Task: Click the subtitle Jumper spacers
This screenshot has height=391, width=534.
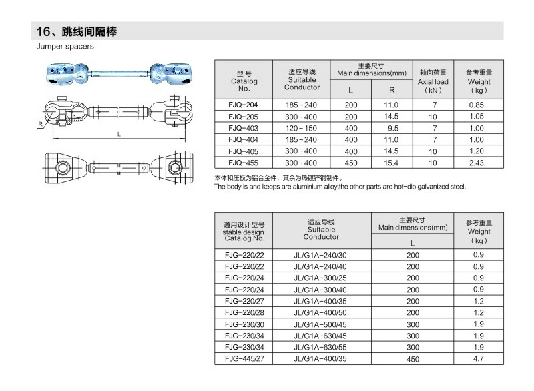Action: coord(65,47)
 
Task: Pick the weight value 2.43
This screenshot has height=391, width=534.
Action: coord(476,162)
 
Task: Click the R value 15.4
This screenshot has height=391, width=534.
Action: coord(392,162)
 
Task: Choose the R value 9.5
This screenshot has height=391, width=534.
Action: coord(392,128)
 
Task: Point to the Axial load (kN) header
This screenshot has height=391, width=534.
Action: coord(433,81)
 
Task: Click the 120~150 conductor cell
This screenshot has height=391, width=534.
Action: coord(302,128)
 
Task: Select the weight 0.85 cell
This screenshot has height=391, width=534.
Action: coord(476,105)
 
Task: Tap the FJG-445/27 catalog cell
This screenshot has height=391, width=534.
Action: coord(244,360)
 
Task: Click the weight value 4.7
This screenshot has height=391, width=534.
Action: coord(479,360)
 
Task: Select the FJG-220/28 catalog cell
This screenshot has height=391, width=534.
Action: coord(244,312)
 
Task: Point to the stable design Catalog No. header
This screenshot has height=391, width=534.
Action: coord(244,232)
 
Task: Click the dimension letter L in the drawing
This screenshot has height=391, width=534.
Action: coord(119,134)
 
